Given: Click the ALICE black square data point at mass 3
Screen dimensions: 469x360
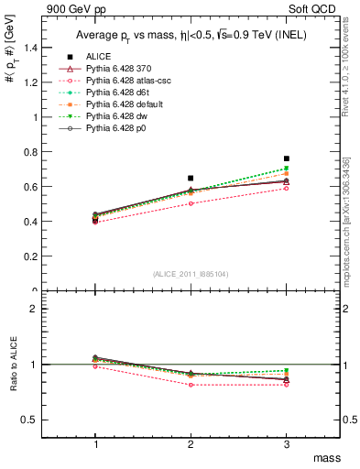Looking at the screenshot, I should tap(287, 158).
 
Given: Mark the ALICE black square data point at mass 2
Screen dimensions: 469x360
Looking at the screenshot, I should tap(191, 178).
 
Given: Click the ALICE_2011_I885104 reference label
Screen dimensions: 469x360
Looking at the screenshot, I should tap(191, 273).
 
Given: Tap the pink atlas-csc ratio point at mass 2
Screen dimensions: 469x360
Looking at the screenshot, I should tap(191, 385).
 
